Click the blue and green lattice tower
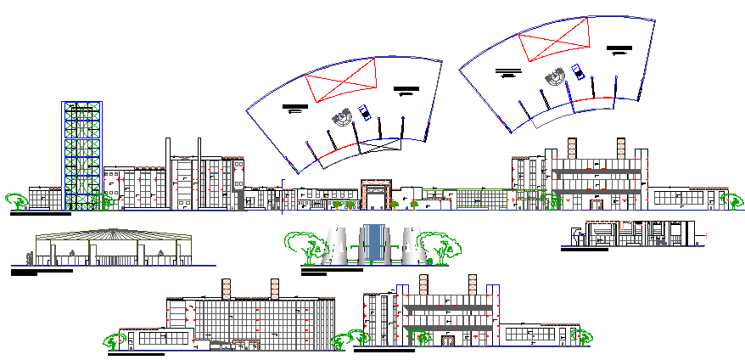82,153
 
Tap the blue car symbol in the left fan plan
365,112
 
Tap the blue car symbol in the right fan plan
579,71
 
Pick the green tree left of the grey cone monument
305,245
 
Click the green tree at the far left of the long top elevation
16,201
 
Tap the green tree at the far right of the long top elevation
730,200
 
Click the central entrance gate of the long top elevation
376,194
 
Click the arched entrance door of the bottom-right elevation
447,340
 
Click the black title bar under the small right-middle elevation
585,249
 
